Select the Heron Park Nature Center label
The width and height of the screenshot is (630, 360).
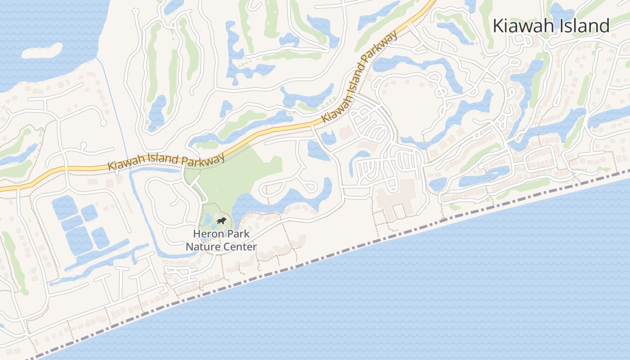coord(221,240)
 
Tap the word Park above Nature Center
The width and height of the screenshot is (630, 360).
coord(236,234)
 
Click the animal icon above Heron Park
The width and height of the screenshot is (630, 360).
coord(221,220)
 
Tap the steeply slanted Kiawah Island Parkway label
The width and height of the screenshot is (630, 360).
coord(360,76)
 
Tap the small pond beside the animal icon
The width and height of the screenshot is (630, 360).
coord(207,220)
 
